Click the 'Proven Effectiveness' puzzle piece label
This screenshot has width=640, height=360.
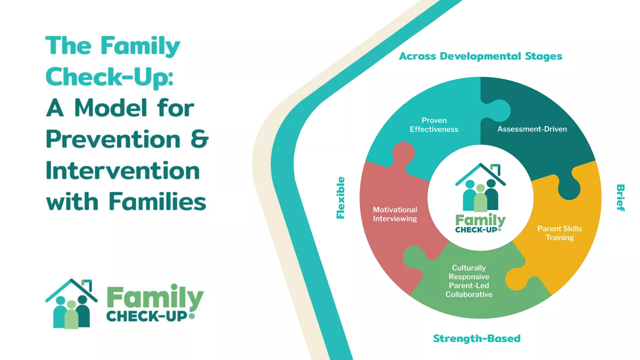(434, 125)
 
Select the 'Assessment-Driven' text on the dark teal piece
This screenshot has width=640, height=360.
(532, 129)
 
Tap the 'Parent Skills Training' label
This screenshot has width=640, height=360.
(559, 233)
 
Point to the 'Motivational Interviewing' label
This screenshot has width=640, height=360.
(395, 214)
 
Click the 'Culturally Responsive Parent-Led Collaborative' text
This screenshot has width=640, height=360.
(469, 281)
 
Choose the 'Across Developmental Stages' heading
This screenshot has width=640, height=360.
(480, 56)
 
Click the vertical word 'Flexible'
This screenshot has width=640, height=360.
(341, 197)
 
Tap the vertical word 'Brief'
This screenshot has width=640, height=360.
(620, 198)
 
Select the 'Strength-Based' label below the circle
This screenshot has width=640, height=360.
(476, 338)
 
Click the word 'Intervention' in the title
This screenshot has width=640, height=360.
(122, 170)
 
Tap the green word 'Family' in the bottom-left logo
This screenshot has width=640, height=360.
(154, 298)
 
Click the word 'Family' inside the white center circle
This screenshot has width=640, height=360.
(480, 220)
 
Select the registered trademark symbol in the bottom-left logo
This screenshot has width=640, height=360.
(191, 317)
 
